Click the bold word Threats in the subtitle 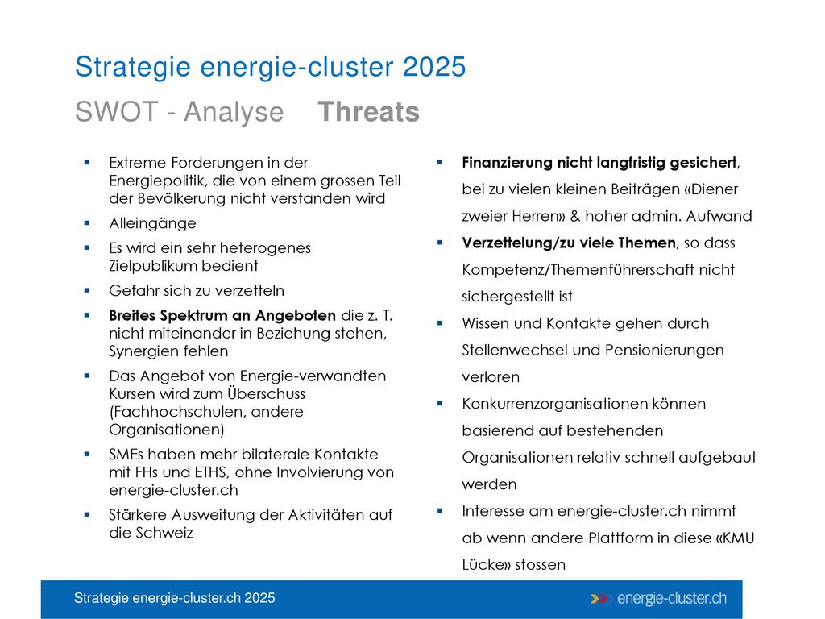(x=368, y=111)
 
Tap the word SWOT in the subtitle (x=117, y=111)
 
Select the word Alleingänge (x=152, y=224)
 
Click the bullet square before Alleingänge (x=87, y=223)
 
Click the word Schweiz (x=164, y=533)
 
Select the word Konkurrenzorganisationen (x=554, y=404)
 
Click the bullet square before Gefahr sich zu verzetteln (x=87, y=290)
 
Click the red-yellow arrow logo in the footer (x=599, y=599)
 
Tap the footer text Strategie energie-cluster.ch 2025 (x=174, y=598)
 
